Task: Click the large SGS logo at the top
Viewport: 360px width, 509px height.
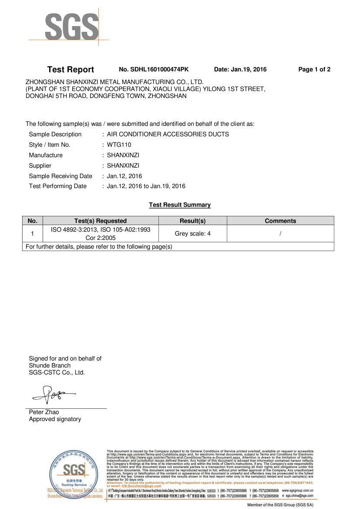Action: (x=71, y=27)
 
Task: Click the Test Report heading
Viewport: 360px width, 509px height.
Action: (x=71, y=70)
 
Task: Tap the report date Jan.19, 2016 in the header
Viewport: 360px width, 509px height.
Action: (x=240, y=70)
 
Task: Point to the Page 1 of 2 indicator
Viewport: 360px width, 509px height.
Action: (x=314, y=70)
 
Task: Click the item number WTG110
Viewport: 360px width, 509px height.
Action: (x=119, y=145)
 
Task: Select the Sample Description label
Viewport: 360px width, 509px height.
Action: (x=55, y=135)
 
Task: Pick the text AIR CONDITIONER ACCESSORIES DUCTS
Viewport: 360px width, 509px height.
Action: (x=168, y=135)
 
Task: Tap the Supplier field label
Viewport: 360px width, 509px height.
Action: (x=40, y=166)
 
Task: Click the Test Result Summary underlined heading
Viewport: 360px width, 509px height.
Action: (x=180, y=205)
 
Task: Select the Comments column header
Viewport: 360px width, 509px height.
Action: (x=280, y=221)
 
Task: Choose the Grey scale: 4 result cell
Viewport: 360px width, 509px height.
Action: (x=192, y=234)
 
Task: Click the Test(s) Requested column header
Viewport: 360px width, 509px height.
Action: (x=101, y=221)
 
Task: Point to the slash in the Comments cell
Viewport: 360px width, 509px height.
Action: (x=281, y=234)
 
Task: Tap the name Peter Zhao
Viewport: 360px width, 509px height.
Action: (x=44, y=412)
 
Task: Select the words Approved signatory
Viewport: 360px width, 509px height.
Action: (x=55, y=419)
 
